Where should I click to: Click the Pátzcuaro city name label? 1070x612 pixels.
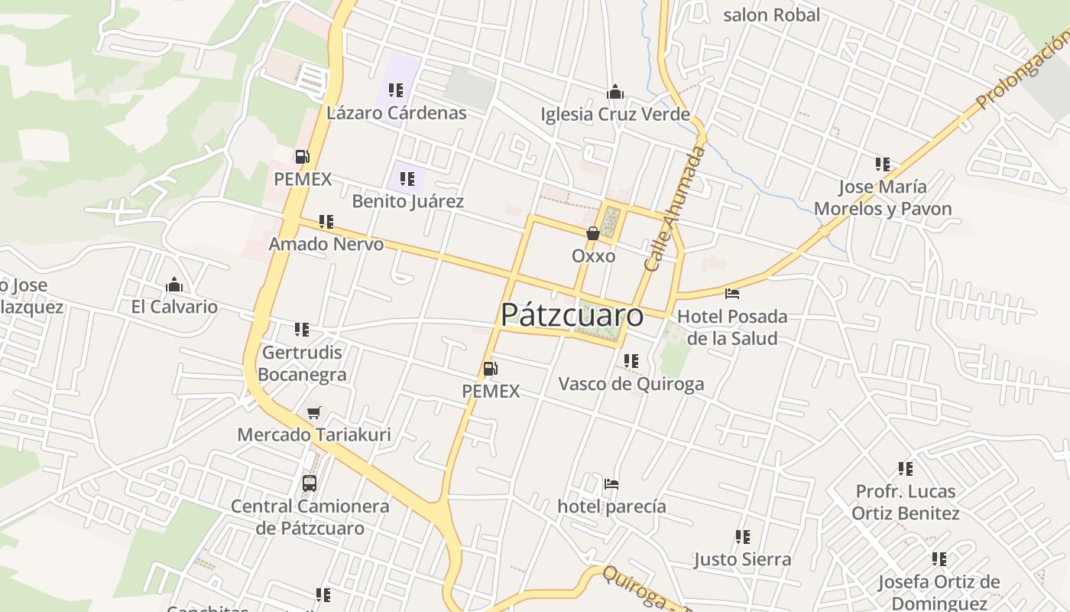point(572,315)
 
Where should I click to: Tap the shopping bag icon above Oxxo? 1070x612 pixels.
point(592,233)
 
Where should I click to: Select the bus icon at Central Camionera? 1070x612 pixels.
point(310,483)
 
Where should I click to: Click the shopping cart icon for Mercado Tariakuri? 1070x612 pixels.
point(313,413)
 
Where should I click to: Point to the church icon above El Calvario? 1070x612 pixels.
point(174,285)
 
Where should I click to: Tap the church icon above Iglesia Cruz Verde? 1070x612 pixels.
point(615,93)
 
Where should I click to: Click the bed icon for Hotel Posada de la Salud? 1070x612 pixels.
point(732,294)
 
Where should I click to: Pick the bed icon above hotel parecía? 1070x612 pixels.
point(611,484)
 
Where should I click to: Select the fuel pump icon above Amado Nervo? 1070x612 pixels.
point(303,157)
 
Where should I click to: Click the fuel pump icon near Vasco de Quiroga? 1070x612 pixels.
point(490,369)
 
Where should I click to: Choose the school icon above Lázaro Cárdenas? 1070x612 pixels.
point(395,90)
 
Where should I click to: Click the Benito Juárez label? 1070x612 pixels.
point(407,202)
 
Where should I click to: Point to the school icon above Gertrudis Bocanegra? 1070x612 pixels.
point(302,330)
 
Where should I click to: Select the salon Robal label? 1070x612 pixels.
point(771,15)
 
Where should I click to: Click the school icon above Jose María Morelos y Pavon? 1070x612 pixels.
point(883,164)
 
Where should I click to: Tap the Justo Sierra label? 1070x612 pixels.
point(742,559)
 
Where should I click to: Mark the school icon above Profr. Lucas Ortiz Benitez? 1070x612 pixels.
point(906,469)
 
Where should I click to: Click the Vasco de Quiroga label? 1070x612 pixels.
point(631,384)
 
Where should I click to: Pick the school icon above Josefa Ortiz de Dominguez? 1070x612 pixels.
point(939,559)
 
